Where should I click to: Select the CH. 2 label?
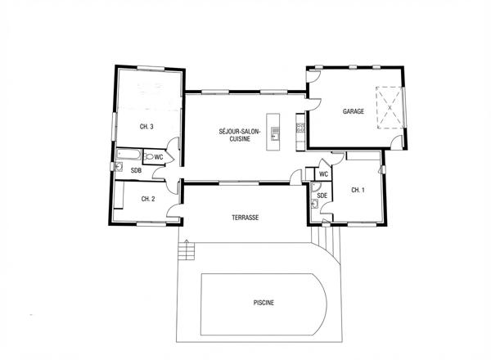coord(148,199)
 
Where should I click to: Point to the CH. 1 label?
coord(358,190)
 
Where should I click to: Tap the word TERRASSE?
coord(245,218)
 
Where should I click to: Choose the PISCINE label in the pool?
coord(263,303)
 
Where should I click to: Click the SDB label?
coord(137,171)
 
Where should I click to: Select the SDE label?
coord(322,196)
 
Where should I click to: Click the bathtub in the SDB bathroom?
coord(128,155)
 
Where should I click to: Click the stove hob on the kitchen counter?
coord(300,128)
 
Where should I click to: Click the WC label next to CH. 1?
coord(324,174)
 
